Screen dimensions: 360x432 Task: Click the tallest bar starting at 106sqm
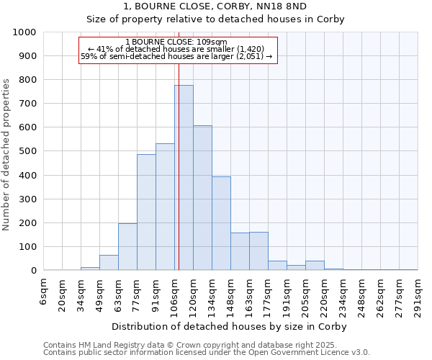pyautogui.click(x=184, y=178)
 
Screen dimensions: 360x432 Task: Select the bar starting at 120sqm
pyautogui.click(x=202, y=198)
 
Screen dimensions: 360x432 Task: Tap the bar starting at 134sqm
pyautogui.click(x=221, y=223)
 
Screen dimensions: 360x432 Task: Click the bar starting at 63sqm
pyautogui.click(x=127, y=247)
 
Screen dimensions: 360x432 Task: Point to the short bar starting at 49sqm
pyautogui.click(x=109, y=263)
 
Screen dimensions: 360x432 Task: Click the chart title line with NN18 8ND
pyautogui.click(x=215, y=6)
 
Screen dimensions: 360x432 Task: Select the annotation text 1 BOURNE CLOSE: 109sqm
pyautogui.click(x=176, y=42)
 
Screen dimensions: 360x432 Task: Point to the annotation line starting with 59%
pyautogui.click(x=176, y=56)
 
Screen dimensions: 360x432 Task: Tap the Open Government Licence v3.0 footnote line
pyautogui.click(x=207, y=353)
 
